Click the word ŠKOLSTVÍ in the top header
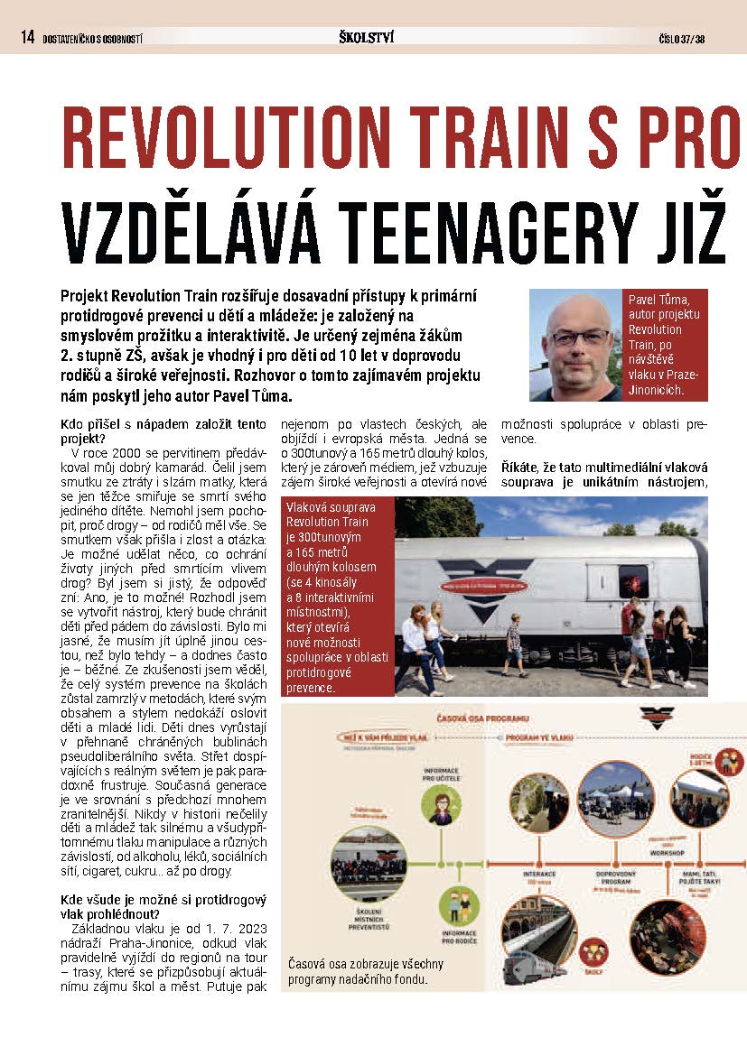[366, 37]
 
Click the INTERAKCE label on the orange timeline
[539, 874]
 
